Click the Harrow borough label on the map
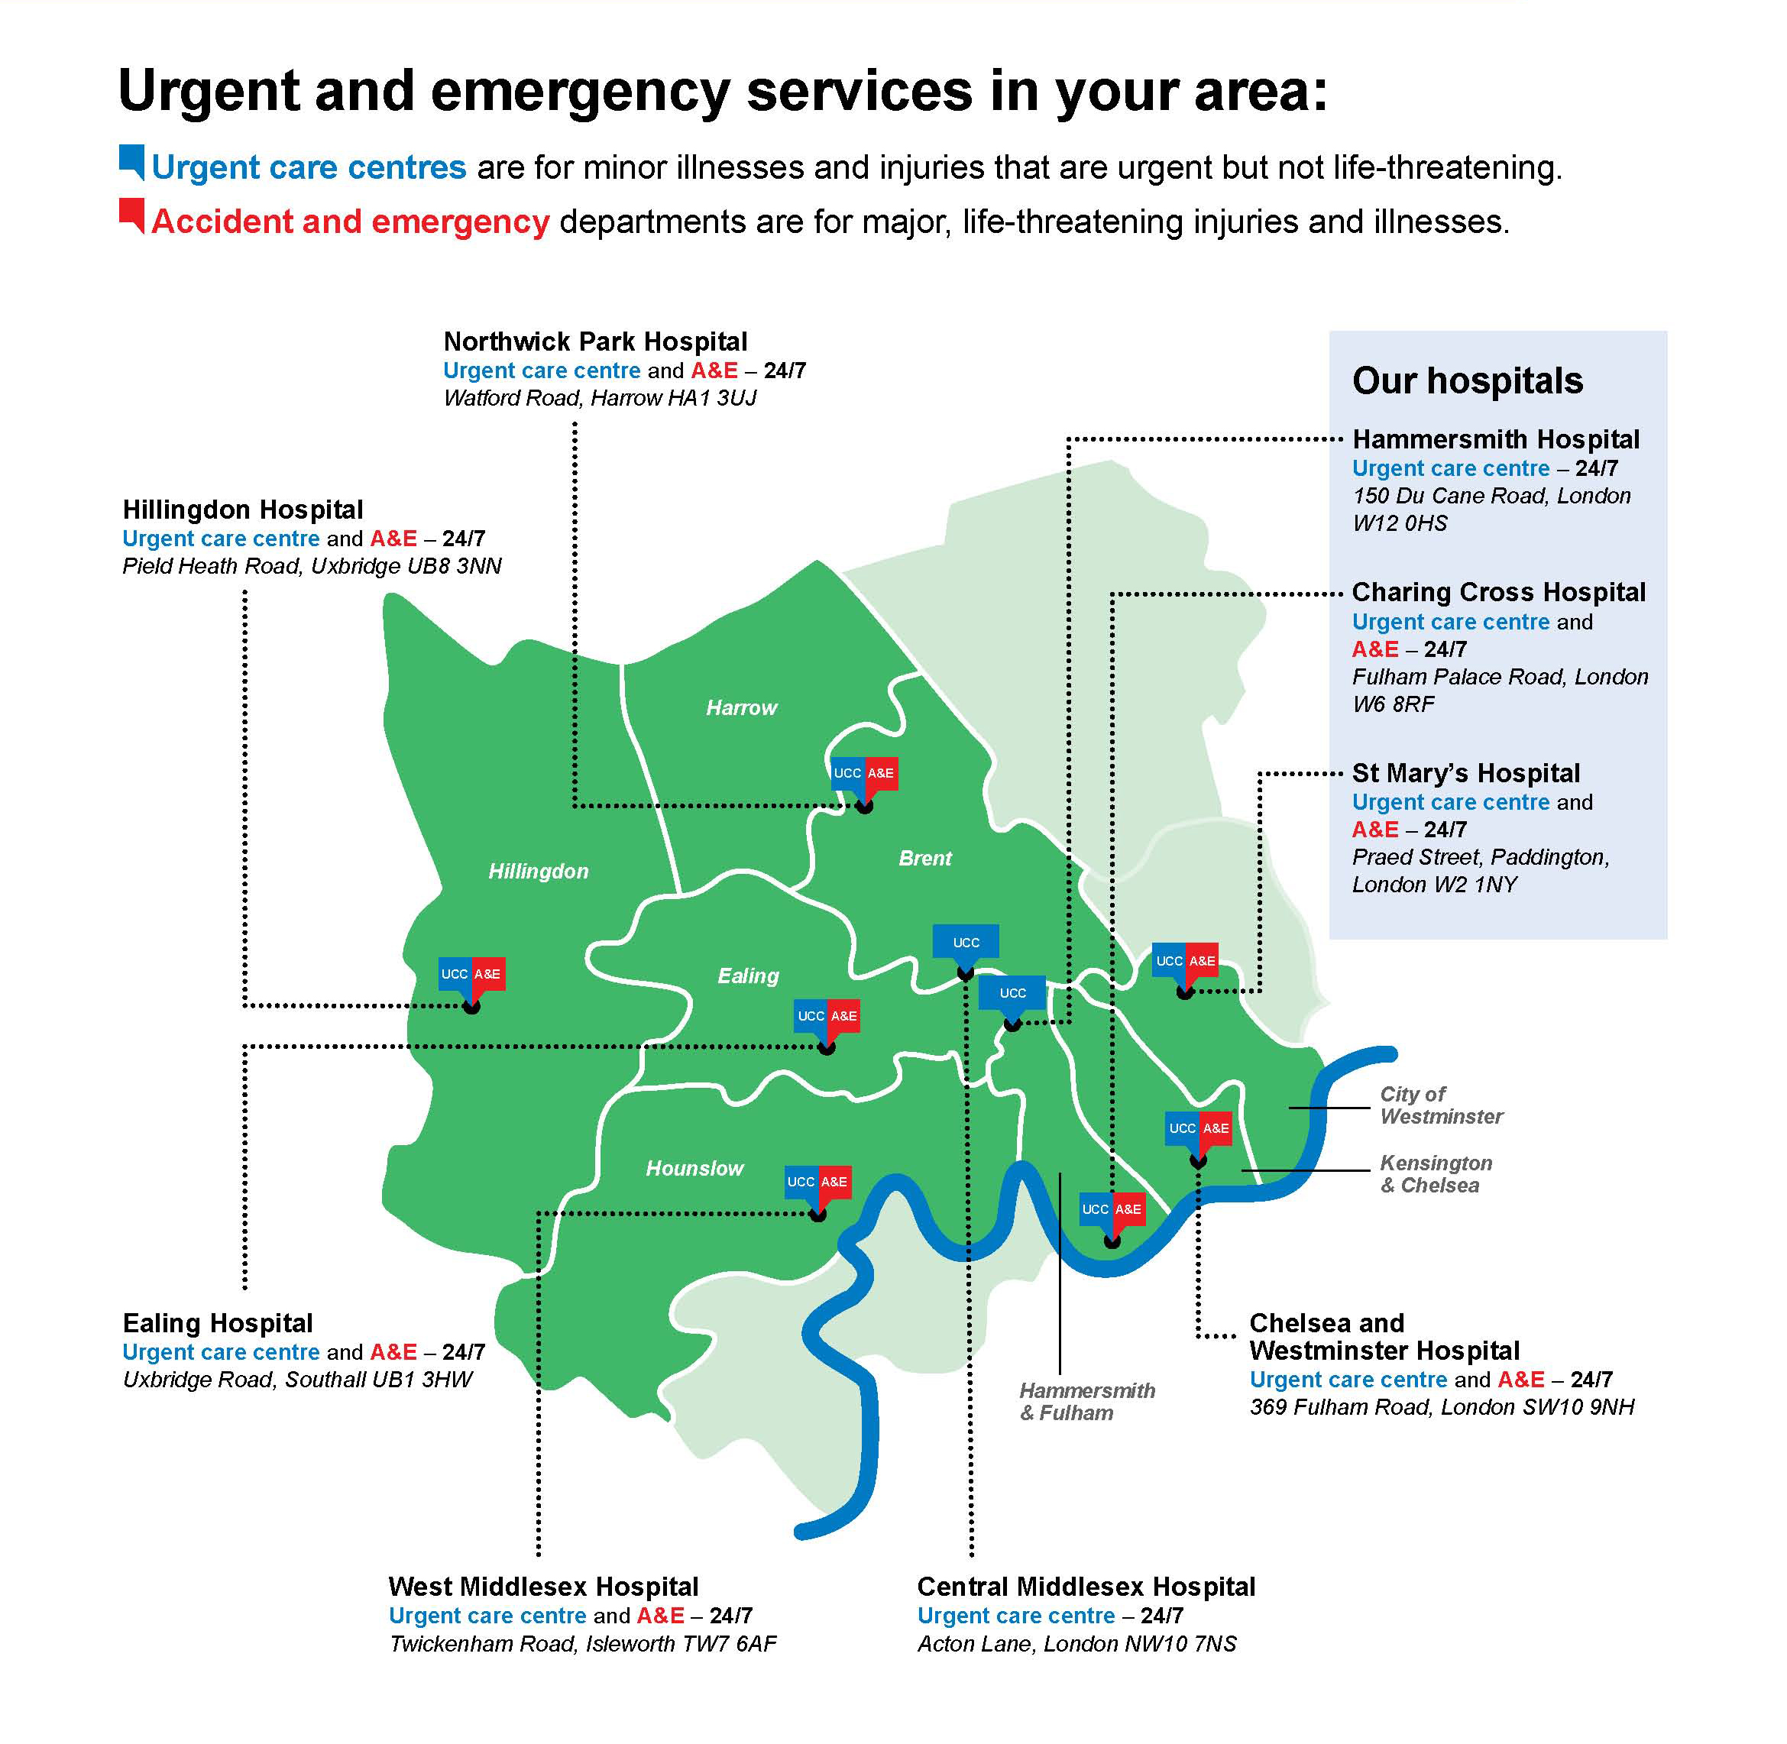pos(741,708)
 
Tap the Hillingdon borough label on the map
pos(538,871)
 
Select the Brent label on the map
pos(925,859)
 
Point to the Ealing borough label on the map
pos(747,976)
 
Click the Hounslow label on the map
pos(694,1169)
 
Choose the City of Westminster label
pos(1441,1105)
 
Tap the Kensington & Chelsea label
pos(1436,1174)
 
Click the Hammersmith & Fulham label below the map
pos(1086,1402)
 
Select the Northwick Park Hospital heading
pos(595,341)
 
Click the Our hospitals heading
pos(1468,381)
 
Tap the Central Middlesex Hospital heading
pos(1086,1587)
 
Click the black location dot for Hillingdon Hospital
pos(471,1008)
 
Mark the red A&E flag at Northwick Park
pos(880,773)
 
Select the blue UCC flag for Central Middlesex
pos(966,942)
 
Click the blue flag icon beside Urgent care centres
pos(132,161)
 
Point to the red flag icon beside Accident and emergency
pos(132,216)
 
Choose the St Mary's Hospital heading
pos(1465,773)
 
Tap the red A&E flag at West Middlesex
pos(834,1182)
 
